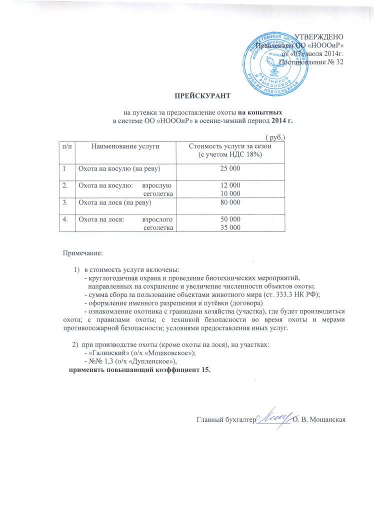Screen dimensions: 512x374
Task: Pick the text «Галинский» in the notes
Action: [108, 353]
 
